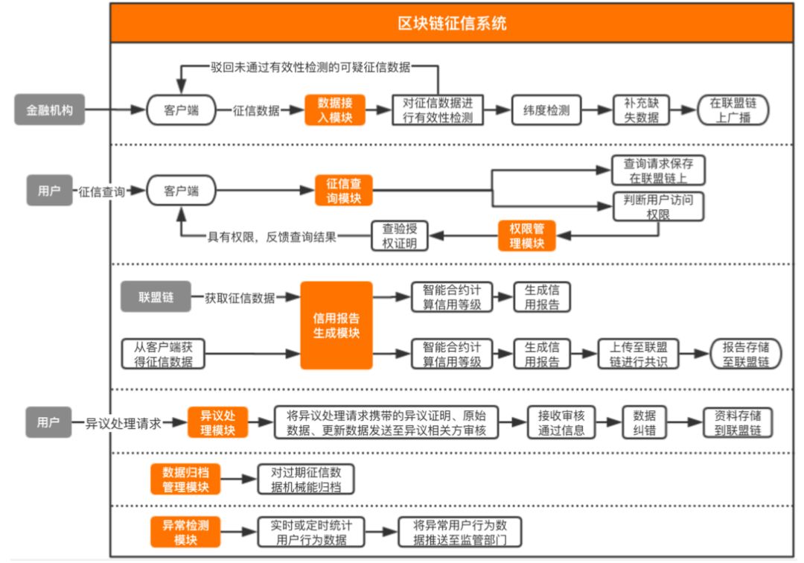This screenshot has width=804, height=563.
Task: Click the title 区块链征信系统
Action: (x=452, y=24)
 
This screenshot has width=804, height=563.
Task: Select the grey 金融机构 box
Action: (x=49, y=110)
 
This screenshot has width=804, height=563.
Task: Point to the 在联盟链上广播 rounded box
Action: (x=733, y=110)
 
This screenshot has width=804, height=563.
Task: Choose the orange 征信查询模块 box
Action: (x=343, y=191)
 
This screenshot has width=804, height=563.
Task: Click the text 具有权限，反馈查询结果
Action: (x=272, y=237)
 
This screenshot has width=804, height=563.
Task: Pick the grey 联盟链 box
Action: (x=156, y=297)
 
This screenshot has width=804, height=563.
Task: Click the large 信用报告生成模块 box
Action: (x=336, y=325)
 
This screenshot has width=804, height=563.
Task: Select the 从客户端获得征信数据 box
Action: (x=163, y=354)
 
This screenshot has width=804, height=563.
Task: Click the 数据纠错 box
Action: (x=644, y=422)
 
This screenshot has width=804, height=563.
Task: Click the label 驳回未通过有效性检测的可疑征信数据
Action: (x=310, y=67)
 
